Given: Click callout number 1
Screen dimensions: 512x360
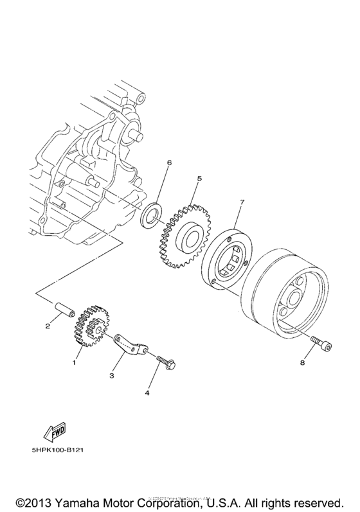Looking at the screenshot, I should tap(74, 363).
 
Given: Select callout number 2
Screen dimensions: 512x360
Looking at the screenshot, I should tap(48, 326).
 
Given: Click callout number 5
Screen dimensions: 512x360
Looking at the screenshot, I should tap(199, 179).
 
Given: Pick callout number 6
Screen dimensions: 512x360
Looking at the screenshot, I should tap(169, 163).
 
